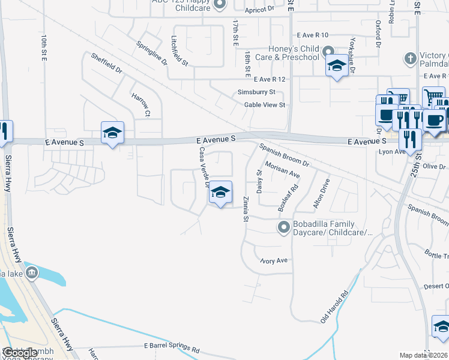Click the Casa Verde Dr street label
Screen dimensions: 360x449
point(202,166)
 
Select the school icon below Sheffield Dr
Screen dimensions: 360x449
point(112,133)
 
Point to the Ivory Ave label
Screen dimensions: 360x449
point(275,260)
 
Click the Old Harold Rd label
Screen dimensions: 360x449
point(334,307)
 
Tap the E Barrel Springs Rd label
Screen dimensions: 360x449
point(172,347)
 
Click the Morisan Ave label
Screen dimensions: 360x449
point(282,170)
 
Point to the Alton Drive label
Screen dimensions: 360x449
point(321,193)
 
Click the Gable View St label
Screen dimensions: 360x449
point(264,105)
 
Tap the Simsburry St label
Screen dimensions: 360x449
point(256,92)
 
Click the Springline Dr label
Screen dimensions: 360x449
point(151,52)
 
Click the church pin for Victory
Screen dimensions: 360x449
point(411,59)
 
